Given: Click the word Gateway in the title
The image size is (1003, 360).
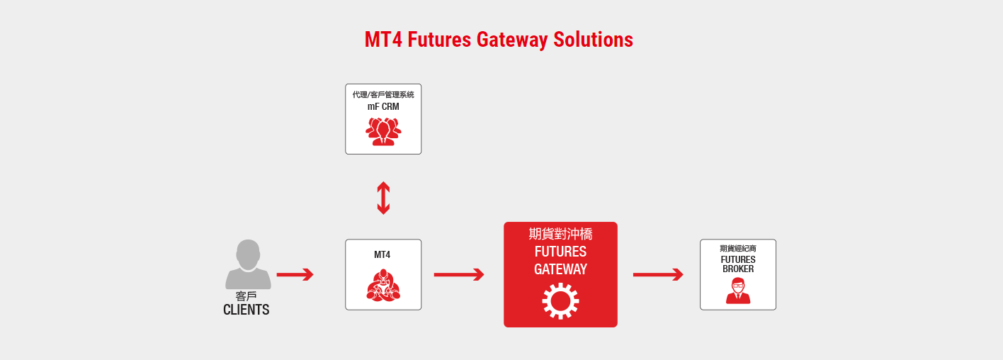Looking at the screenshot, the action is pos(512,40).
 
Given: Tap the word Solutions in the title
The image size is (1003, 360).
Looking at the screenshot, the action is pos(594,40).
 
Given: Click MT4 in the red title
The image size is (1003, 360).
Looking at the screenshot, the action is pos(383,40).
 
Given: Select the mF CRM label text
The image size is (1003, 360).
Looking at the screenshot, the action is pos(383,106).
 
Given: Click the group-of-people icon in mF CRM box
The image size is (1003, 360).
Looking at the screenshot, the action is pos(383,132).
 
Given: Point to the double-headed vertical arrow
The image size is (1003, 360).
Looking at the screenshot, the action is pos(383,198).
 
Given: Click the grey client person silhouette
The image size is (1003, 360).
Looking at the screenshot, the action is pos(248,264).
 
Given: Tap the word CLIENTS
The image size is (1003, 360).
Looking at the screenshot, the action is pos(246,310).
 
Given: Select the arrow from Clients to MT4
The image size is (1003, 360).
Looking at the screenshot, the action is pos(295,274).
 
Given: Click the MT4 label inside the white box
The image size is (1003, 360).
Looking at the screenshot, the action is pos(382,255).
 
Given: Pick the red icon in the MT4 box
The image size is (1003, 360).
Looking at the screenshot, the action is pos(383,285).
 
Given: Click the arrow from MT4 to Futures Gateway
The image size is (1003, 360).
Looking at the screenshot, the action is pos(459,274).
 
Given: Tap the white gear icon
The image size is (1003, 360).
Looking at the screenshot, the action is pos(560,301).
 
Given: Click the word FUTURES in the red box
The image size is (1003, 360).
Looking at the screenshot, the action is pos(560,252).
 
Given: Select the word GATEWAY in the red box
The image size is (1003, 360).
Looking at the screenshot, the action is pos(560,269).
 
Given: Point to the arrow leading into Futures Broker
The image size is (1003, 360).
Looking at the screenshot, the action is pos(658,274).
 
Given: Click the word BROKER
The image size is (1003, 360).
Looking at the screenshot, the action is pos(738,269).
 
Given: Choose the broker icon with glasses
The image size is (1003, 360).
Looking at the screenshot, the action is pos(738,291).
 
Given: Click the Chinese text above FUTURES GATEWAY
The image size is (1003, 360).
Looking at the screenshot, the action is pos(560,234).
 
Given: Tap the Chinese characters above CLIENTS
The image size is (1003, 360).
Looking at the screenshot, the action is pos(246,296).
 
